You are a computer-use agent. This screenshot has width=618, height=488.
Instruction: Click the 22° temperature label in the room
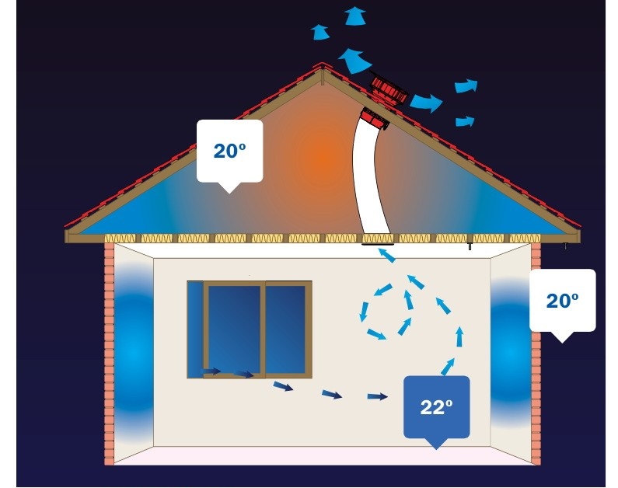coord(436,407)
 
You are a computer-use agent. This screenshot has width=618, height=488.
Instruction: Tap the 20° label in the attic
coord(230,151)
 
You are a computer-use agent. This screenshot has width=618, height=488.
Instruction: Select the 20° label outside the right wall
coord(563,301)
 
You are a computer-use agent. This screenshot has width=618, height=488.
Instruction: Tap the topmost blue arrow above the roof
coord(354,16)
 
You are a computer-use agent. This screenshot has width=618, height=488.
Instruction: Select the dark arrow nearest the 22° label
coord(378,396)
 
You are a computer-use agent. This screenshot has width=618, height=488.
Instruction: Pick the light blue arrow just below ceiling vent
coord(386,255)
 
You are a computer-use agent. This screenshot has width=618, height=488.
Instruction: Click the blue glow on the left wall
coord(134,350)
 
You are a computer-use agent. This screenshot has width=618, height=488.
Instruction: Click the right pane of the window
coord(285,329)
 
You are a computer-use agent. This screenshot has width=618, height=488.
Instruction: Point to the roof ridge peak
coord(323,64)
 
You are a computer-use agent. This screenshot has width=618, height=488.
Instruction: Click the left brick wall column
coord(109,354)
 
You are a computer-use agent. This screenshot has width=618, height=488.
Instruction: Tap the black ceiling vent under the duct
coord(378,245)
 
